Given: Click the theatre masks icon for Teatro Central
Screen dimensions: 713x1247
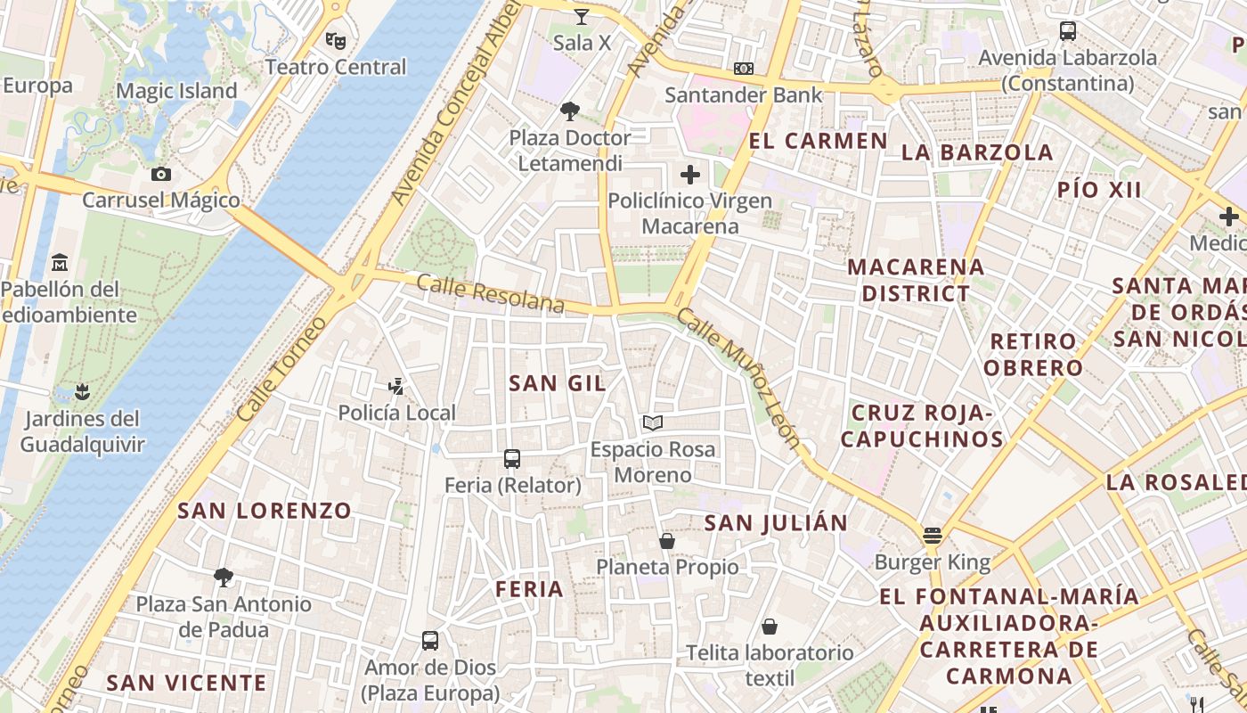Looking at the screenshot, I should pos(335,40).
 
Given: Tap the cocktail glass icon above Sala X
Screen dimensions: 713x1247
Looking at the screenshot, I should pos(582,16).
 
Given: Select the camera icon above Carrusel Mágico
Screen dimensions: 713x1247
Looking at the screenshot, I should pos(161,174).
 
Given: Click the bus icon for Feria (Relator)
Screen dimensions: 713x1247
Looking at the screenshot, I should pos(512,459).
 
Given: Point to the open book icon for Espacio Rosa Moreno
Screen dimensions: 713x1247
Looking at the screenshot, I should pos(653,422).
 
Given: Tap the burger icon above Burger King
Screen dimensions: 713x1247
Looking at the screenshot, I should pos(933,536).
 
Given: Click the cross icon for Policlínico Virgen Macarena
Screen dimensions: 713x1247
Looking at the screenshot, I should pos(690,175).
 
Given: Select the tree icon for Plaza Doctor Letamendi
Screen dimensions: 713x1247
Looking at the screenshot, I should pos(570,111).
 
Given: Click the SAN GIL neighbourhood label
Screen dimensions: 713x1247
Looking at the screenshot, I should pos(557,383).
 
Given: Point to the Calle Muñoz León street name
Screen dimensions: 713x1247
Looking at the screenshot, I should pos(738,379).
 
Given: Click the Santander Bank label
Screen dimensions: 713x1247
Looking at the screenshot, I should pos(744,94).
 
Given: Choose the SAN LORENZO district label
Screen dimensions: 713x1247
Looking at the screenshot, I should pos(265,511).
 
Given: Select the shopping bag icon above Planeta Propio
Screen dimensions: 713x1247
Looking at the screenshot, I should pos(667,541).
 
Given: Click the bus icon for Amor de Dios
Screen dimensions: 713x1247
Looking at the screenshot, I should pos(430,641).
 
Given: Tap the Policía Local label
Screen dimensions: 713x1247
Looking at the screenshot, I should pos(396,413).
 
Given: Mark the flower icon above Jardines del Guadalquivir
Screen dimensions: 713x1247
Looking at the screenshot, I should pos(82,391).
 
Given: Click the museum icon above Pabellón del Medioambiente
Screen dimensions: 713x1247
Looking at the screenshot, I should pos(60,263).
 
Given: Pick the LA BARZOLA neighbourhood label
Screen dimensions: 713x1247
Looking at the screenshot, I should pos(977,152).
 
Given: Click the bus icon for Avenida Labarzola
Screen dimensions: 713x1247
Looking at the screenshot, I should pos(1067,31).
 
